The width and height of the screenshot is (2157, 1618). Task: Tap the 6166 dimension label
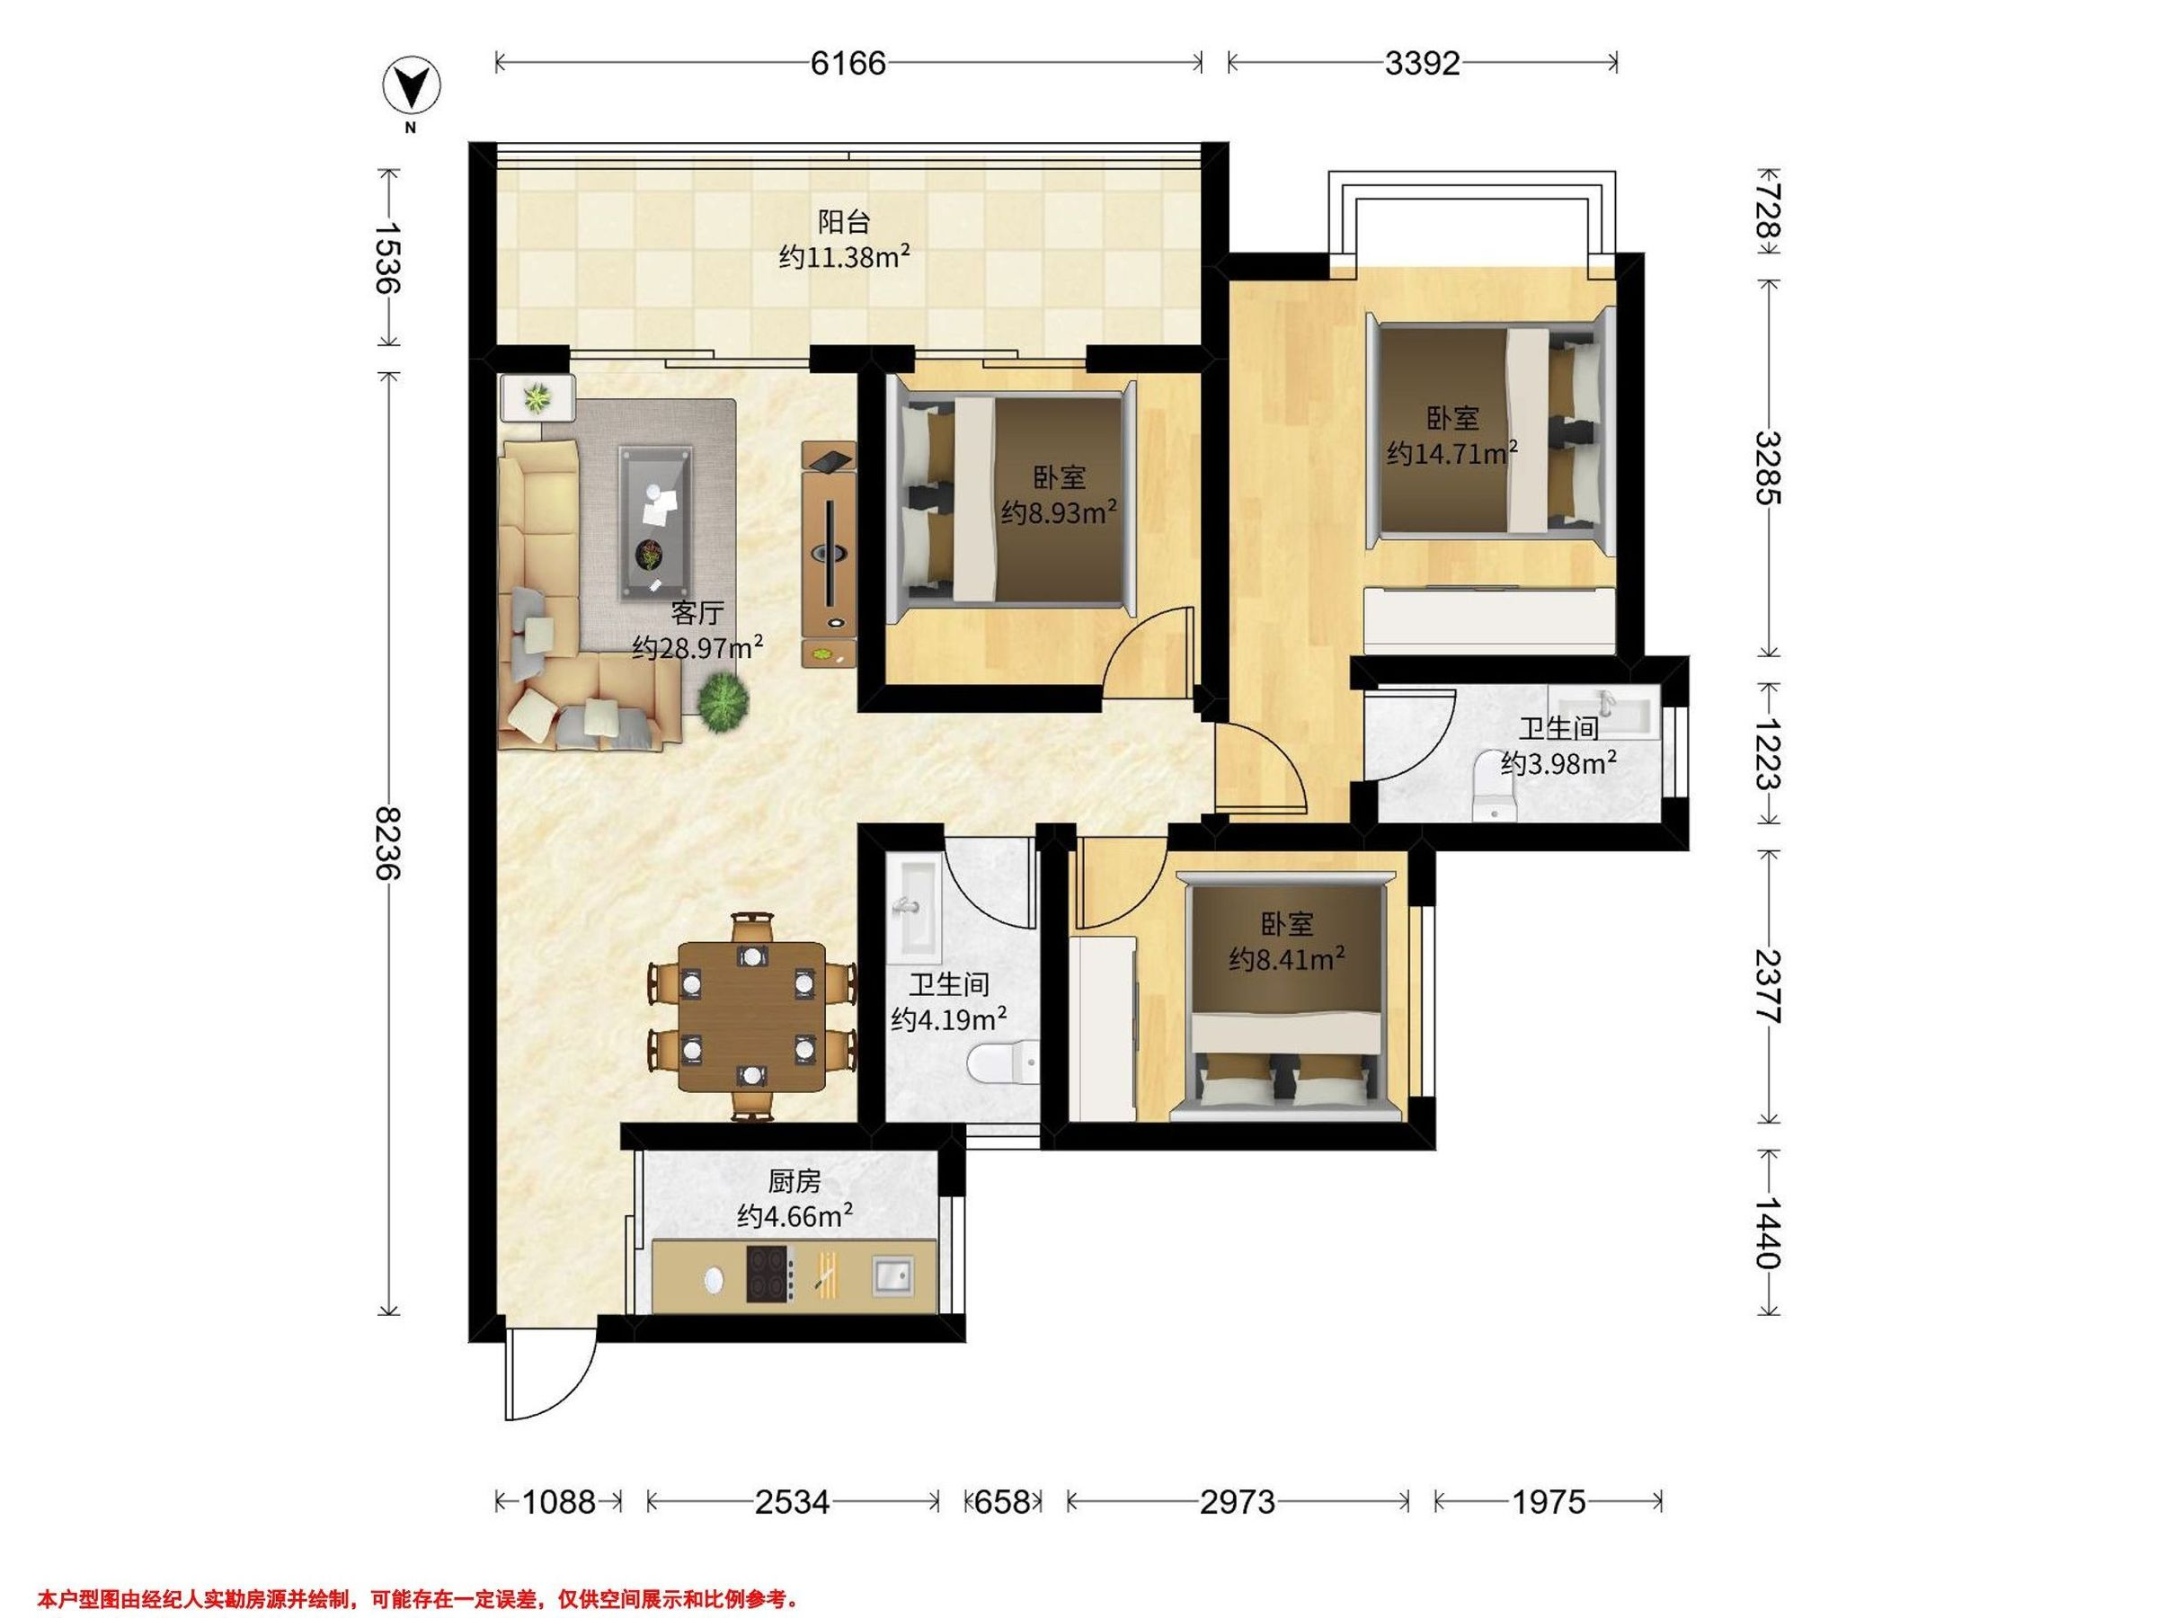pyautogui.click(x=848, y=64)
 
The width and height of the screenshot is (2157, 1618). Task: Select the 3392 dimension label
pyautogui.click(x=1423, y=64)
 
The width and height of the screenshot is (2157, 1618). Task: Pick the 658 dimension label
pyautogui.click(x=1002, y=1501)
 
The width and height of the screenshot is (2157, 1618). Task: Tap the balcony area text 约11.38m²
pyautogui.click(x=845, y=257)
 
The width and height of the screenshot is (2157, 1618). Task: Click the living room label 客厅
pyautogui.click(x=697, y=612)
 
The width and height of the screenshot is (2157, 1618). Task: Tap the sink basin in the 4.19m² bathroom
pyautogui.click(x=909, y=907)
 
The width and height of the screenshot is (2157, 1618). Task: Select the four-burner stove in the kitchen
pyautogui.click(x=770, y=1274)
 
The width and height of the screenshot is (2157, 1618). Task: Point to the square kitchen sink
pyautogui.click(x=892, y=1276)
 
